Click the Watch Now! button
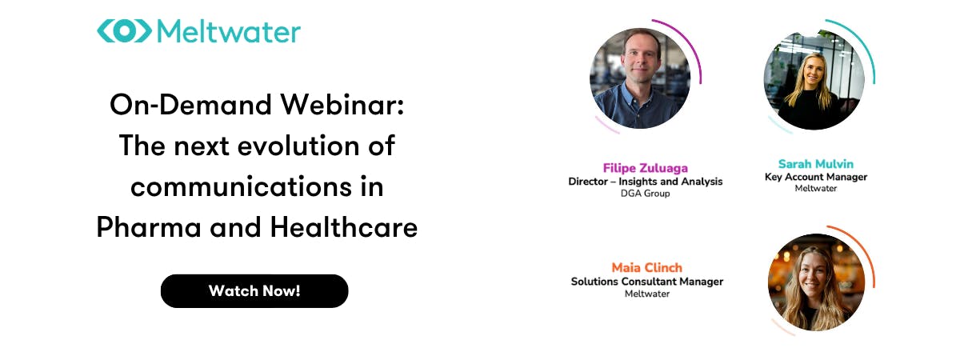click(x=254, y=291)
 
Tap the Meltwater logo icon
click(x=124, y=31)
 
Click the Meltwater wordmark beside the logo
click(x=229, y=32)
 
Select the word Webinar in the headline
click(x=342, y=105)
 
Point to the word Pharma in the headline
click(x=149, y=227)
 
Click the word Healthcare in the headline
click(x=344, y=227)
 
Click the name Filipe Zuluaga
click(x=646, y=169)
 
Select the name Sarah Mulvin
click(x=815, y=164)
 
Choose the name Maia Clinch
click(x=646, y=268)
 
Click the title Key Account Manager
click(x=815, y=178)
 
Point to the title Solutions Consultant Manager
click(x=646, y=282)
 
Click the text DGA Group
click(x=645, y=194)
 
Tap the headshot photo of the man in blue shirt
click(x=640, y=78)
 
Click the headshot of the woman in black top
click(x=814, y=80)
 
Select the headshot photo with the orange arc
click(x=817, y=282)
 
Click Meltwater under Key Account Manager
click(x=815, y=189)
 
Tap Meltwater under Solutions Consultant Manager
click(x=646, y=294)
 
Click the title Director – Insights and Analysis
click(x=646, y=182)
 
